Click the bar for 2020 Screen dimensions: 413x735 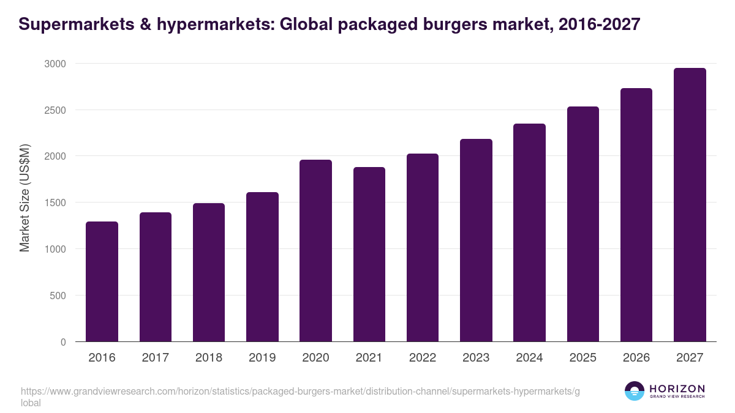(x=315, y=251)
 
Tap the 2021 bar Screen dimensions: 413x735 (x=369, y=254)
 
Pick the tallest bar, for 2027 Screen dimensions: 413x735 (x=690, y=205)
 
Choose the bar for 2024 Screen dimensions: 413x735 (x=529, y=233)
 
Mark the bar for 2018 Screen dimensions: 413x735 (x=208, y=272)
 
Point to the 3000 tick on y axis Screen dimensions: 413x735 (x=55, y=64)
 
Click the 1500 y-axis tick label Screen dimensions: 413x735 (x=55, y=203)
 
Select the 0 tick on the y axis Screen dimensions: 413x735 (x=63, y=342)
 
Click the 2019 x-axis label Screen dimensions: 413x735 (x=262, y=357)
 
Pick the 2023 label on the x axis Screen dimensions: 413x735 (x=476, y=357)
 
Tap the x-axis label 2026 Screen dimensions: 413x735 (x=636, y=357)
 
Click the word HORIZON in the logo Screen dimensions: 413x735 (x=677, y=389)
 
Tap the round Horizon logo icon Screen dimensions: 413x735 (x=635, y=391)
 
